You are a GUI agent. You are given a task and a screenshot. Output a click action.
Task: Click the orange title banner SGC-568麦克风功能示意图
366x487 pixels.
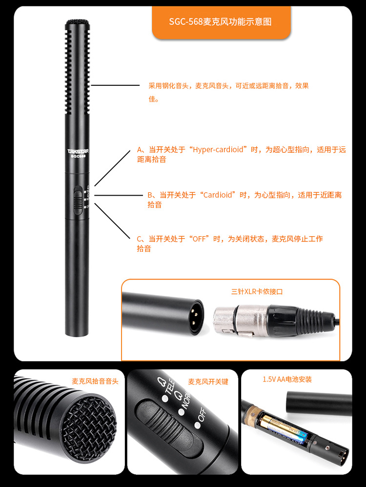tap(221, 22)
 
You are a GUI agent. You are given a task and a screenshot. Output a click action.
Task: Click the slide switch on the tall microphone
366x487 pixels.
tap(78, 201)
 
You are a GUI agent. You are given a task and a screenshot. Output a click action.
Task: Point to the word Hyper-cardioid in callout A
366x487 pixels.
tap(218, 150)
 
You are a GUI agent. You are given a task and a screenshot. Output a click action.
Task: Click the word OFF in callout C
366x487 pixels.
tap(199, 239)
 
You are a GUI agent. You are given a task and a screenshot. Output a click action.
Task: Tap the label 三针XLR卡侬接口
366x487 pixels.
tap(257, 292)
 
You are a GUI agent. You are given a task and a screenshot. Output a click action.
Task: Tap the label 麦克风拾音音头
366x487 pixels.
tap(95, 382)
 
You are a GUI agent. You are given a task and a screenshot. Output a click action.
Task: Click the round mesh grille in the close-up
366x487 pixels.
tap(89, 428)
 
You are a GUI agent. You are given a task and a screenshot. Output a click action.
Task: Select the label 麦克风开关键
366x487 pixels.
tap(208, 382)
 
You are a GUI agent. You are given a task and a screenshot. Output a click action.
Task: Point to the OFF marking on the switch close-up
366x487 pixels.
tap(202, 414)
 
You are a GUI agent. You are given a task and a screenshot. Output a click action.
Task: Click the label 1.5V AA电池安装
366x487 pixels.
tap(287, 379)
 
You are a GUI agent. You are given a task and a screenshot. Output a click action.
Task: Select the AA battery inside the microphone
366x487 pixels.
tap(284, 429)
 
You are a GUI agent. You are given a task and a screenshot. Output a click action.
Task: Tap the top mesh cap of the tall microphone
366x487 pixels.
tap(78, 22)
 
